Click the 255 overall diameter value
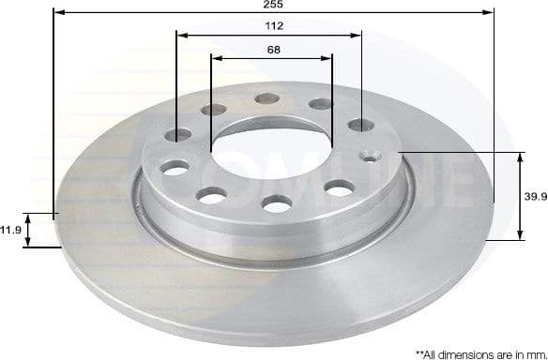click(273, 5)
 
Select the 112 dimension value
click(273, 25)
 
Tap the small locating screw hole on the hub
click(370, 156)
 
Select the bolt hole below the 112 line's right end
click(360, 124)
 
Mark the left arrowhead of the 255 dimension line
click(58, 13)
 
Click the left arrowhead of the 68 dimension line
click(216, 57)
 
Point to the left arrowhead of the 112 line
click(181, 36)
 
